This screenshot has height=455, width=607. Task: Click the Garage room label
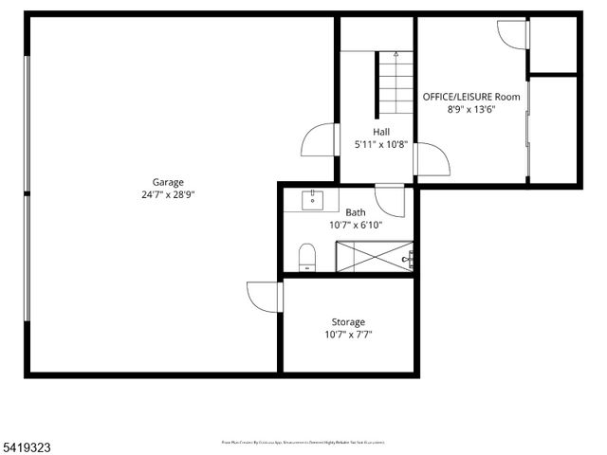(168, 182)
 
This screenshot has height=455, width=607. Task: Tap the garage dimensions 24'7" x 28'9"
(168, 194)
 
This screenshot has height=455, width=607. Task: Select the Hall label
(381, 132)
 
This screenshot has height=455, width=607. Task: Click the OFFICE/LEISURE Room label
(471, 97)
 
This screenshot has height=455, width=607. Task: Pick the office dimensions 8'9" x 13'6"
(471, 109)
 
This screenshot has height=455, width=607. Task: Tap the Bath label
(356, 212)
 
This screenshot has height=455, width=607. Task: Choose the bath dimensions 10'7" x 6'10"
(355, 225)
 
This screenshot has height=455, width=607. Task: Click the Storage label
(348, 322)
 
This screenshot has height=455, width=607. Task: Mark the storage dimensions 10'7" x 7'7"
(348, 335)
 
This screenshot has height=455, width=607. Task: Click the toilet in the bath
(306, 257)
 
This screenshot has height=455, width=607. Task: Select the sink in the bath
(312, 200)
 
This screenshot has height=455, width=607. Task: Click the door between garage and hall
(319, 140)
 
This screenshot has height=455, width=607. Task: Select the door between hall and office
(432, 158)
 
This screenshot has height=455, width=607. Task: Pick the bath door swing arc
(390, 200)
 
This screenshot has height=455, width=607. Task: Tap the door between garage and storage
(264, 296)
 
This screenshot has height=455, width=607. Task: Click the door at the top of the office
(511, 34)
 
